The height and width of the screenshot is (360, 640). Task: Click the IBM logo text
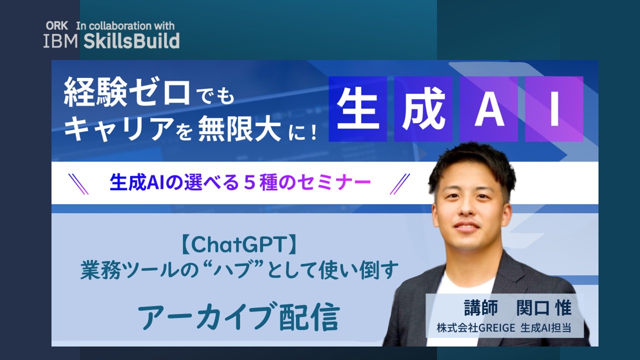coord(60,41)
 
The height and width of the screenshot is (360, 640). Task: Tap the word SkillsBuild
coord(131,41)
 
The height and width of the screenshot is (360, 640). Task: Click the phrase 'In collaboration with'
coord(125,26)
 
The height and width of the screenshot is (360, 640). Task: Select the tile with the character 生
coord(357,109)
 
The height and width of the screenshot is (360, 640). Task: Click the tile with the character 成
coord(423,109)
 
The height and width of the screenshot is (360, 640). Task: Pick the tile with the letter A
coord(489,109)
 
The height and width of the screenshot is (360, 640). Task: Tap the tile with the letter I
coord(554,109)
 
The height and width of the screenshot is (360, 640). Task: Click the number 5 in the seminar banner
coord(249,183)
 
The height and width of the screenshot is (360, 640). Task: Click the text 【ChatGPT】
coord(239,245)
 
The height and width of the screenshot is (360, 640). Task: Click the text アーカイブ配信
coord(239,316)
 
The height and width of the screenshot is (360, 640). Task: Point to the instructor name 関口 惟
coord(543,307)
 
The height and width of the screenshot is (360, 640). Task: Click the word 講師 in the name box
coord(480,307)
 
